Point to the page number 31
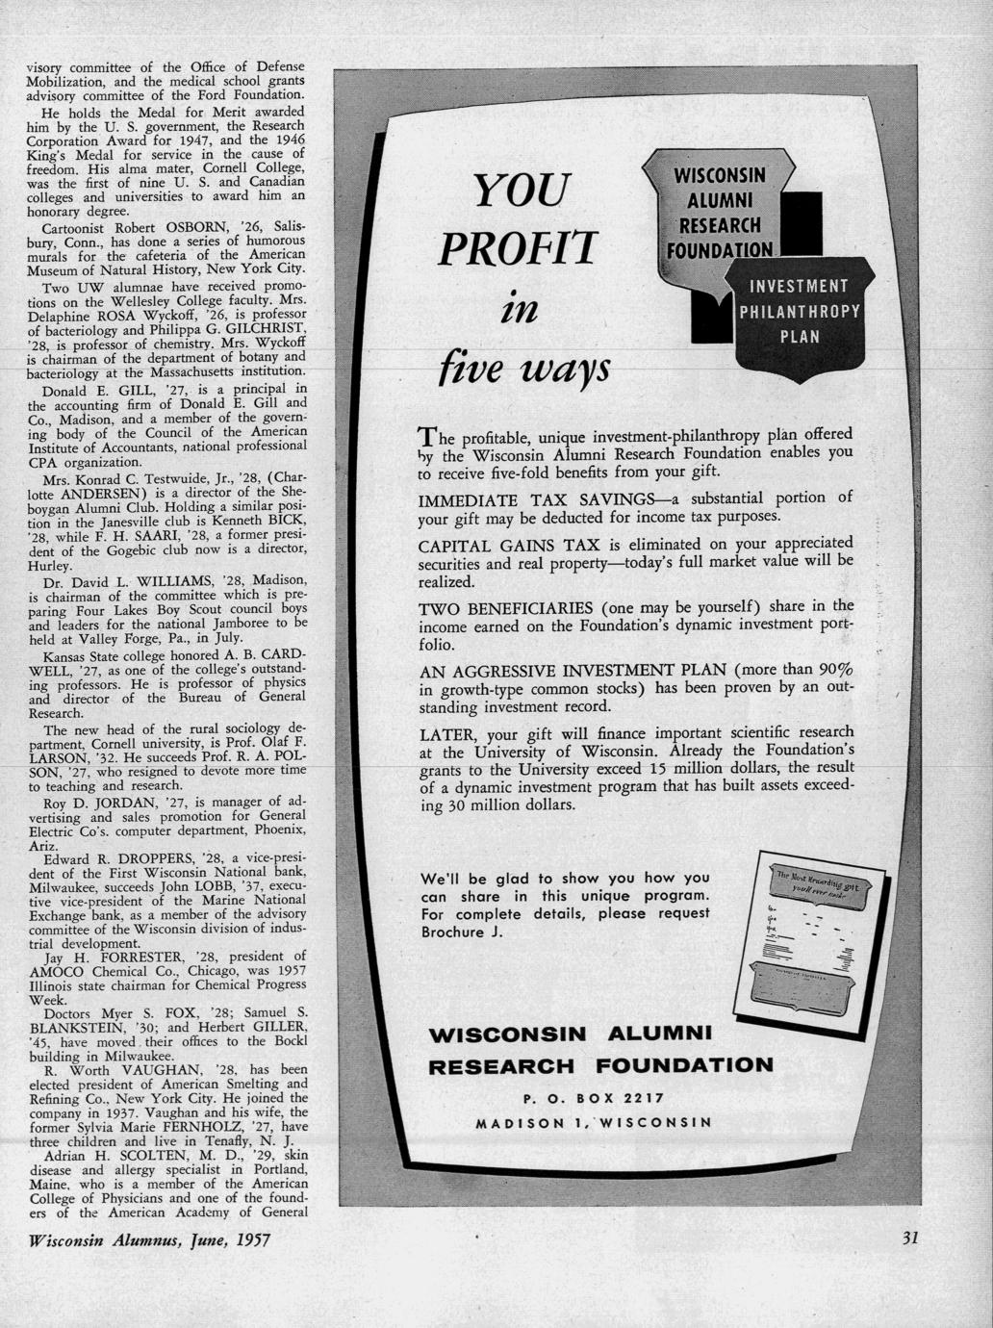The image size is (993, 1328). (910, 1239)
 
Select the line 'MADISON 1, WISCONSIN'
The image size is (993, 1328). (593, 1122)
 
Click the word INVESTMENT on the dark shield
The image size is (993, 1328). (800, 286)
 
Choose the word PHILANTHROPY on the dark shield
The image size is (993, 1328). (799, 312)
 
